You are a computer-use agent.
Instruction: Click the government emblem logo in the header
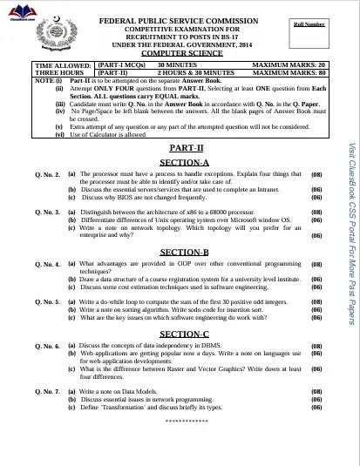[62, 33]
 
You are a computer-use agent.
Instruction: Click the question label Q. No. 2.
[46, 175]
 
